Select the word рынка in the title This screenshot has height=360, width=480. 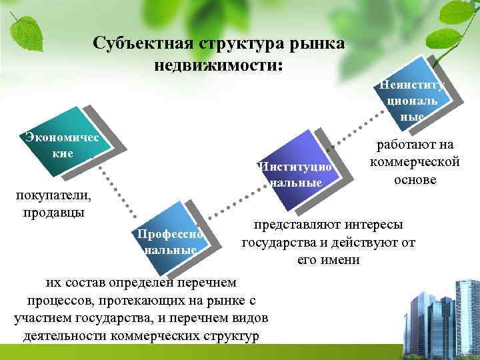click(317, 44)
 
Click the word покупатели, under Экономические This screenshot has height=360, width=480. click(53, 197)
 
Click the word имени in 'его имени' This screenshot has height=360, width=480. click(344, 259)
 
